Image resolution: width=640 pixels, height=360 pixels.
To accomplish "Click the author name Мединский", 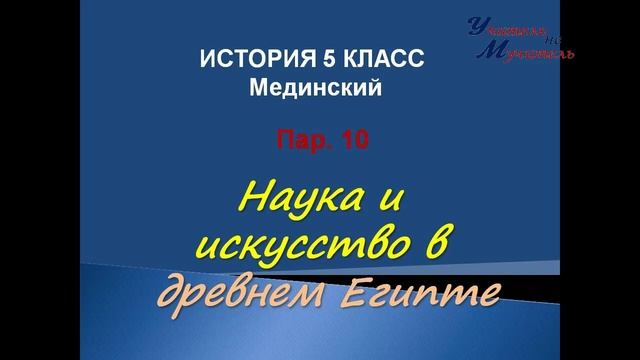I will coord(316,90).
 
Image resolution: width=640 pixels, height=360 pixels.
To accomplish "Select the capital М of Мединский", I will coord(259,90).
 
